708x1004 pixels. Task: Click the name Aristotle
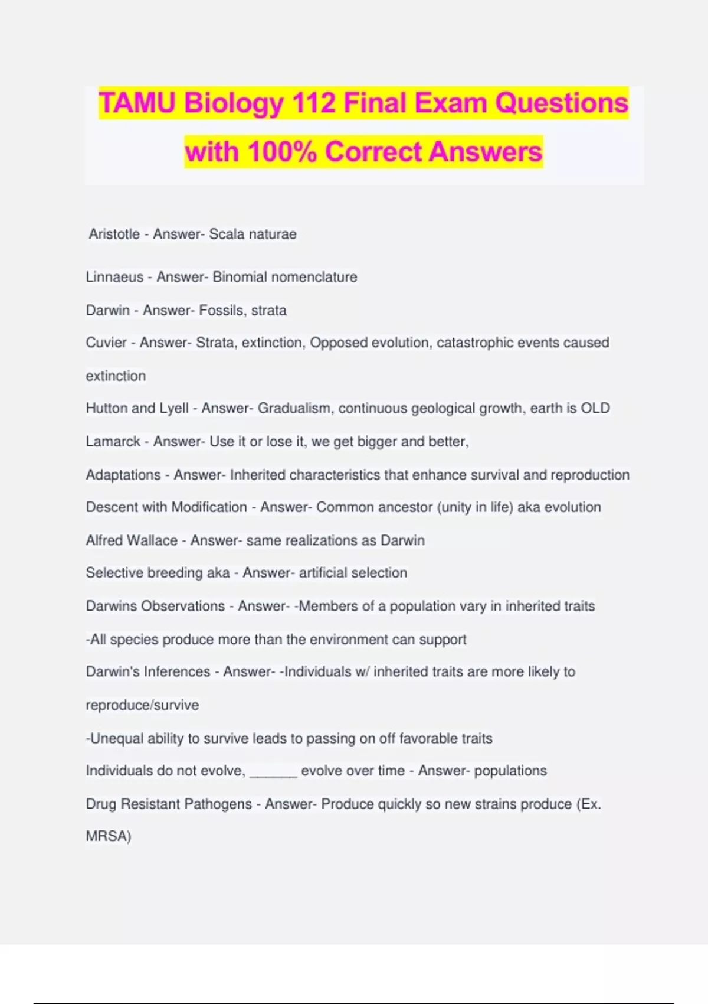click(114, 234)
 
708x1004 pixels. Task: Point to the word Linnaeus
click(114, 277)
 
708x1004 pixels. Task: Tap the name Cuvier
click(106, 343)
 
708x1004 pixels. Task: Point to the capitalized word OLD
click(595, 408)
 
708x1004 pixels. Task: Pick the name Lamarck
click(113, 442)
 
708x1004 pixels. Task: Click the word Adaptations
click(123, 475)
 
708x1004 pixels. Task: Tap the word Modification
click(209, 507)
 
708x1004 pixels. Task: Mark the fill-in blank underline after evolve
click(273, 774)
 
